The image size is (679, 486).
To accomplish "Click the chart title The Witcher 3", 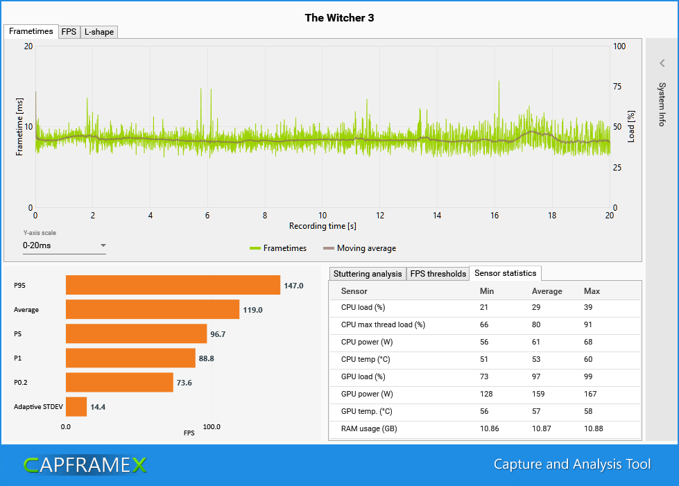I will (339, 17).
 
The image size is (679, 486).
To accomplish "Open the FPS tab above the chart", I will (69, 32).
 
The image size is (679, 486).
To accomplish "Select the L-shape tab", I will (98, 32).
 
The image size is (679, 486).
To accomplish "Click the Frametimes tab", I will (31, 31).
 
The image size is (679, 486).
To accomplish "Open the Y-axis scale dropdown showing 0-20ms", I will (65, 245).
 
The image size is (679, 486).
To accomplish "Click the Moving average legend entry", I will (359, 248).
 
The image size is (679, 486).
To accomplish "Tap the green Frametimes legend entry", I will (281, 248).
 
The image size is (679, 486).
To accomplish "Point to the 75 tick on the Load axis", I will (619, 87).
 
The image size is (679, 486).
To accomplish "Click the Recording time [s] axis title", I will (323, 226).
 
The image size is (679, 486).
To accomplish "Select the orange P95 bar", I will (173, 285).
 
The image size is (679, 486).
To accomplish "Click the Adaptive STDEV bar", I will (76, 406).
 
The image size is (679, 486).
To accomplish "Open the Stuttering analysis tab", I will (367, 274).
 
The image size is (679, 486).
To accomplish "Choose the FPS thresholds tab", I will (438, 274).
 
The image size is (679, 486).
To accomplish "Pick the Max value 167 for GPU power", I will (591, 394).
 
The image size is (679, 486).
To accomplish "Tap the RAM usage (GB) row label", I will (369, 429).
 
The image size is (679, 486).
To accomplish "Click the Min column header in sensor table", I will (488, 291).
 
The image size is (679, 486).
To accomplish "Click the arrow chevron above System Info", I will (662, 63).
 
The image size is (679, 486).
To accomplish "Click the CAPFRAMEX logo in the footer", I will (85, 465).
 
